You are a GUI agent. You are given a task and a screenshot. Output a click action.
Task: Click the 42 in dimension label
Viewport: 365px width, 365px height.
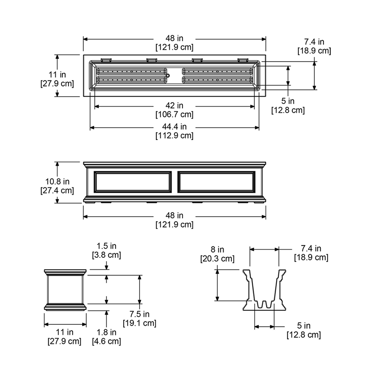click(174, 105)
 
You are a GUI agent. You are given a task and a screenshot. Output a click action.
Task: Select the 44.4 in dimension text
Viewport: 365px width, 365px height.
click(174, 126)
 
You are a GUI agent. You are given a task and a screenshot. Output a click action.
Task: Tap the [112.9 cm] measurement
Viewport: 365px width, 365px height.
click(174, 136)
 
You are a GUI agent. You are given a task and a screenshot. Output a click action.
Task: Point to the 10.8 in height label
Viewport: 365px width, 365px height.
click(57, 181)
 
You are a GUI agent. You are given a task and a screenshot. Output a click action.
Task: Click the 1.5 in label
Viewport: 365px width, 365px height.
click(106, 246)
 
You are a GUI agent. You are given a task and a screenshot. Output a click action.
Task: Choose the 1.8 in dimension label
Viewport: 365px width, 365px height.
click(106, 332)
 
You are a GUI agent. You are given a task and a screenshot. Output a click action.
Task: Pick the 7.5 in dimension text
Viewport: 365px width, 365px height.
click(140, 314)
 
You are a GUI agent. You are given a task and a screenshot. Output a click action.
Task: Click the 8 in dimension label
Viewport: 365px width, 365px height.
click(218, 250)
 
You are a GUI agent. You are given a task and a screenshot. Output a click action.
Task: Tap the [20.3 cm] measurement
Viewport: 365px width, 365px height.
click(218, 259)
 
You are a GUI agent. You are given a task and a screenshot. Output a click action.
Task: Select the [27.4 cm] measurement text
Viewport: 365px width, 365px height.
click(57, 190)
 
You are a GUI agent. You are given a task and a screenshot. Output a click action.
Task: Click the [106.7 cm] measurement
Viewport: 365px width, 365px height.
click(174, 115)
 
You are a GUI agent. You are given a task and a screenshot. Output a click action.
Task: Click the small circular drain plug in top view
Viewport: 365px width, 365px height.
click(167, 76)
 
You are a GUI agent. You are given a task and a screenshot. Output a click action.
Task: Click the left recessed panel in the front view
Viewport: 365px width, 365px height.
click(132, 182)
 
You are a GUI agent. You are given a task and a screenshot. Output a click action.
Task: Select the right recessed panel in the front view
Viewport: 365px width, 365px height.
click(216, 182)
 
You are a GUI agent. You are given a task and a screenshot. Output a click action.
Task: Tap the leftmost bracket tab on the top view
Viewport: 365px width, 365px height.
click(106, 60)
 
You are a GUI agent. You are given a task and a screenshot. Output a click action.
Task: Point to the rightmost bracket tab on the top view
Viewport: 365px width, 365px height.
click(243, 60)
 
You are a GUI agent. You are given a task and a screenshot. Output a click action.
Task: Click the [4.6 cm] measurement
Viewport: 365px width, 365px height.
click(106, 341)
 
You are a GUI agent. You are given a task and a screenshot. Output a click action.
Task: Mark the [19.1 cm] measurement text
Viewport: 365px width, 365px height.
click(140, 323)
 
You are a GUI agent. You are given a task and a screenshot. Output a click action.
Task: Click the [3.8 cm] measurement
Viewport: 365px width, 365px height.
click(106, 255)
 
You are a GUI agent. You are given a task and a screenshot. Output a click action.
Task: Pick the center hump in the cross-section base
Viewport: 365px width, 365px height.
click(264, 304)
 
